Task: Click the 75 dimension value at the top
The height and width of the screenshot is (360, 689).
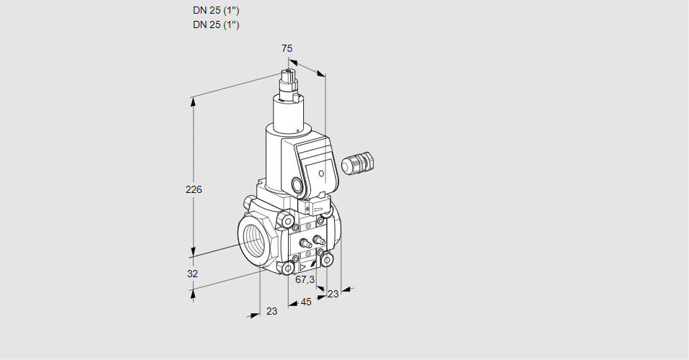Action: [x=287, y=48]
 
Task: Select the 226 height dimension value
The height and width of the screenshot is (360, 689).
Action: [x=194, y=190]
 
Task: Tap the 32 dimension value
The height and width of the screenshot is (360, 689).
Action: [x=192, y=274]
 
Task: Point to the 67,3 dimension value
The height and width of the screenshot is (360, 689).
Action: [x=305, y=279]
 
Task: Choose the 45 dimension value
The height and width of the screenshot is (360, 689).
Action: [x=306, y=302]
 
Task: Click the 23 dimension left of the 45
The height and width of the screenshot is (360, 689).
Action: [x=271, y=311]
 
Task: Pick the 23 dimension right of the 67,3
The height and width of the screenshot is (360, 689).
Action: [x=333, y=293]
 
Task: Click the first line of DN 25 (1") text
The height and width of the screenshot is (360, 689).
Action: [x=216, y=11]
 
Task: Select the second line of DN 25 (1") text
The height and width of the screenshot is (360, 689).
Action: [x=216, y=25]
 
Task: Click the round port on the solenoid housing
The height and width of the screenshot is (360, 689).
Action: [x=297, y=185]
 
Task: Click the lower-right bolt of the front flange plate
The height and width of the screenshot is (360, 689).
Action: [x=327, y=259]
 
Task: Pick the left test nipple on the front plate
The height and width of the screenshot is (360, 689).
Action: [x=303, y=243]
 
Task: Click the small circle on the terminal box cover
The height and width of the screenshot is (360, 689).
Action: [x=320, y=172]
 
